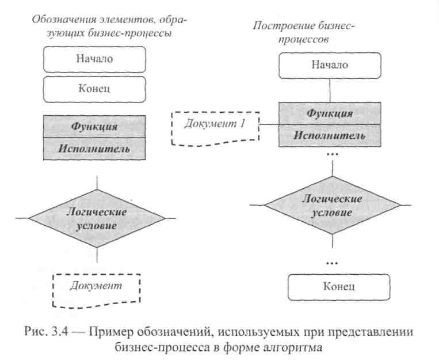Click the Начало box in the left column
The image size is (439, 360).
[x=94, y=59]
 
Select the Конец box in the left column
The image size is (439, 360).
[x=94, y=89]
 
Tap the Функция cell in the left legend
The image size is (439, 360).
[x=94, y=126]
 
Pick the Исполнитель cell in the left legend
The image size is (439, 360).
[x=94, y=149]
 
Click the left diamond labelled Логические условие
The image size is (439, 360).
[x=96, y=218]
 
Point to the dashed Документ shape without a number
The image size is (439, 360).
[x=96, y=290]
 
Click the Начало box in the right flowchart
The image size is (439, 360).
[x=330, y=65]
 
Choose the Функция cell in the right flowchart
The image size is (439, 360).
[x=330, y=113]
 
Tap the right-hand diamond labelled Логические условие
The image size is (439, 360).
[x=333, y=205]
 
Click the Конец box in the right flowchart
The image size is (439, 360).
[x=338, y=286]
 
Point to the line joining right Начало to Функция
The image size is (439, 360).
[x=330, y=90]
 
